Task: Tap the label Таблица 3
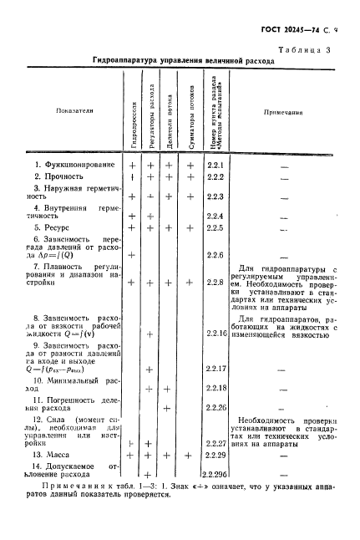(312, 51)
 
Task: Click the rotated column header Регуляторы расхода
(150, 115)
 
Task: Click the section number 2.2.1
(215, 165)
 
